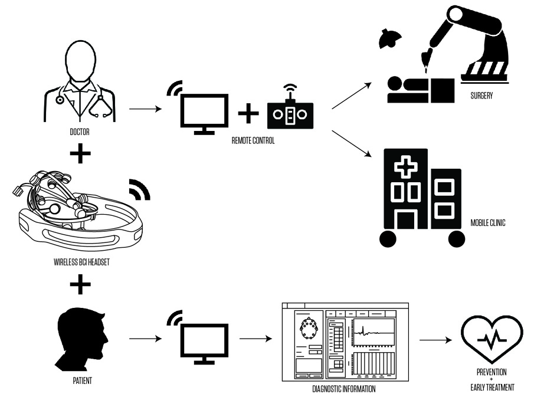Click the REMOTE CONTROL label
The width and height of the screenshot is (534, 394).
tap(253, 142)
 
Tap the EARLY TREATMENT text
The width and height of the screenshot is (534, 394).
tap(492, 388)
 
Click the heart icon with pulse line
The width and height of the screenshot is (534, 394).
tap(492, 339)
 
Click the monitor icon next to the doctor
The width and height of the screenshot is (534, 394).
tap(204, 113)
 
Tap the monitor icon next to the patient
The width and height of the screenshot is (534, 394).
tap(204, 342)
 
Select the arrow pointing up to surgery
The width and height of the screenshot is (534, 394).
tap(352, 94)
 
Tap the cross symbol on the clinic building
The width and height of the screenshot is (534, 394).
tap(405, 169)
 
